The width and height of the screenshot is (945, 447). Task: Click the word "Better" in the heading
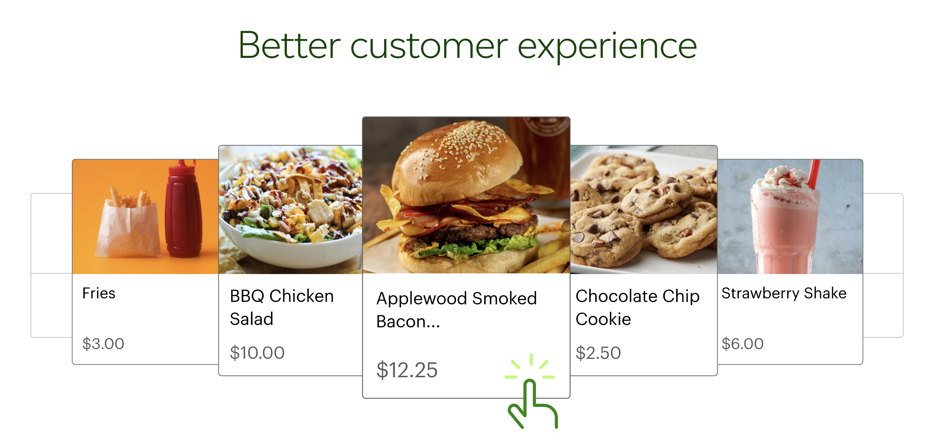coord(289,45)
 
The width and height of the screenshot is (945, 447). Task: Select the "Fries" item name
coord(99,293)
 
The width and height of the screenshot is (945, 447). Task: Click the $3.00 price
coord(103,343)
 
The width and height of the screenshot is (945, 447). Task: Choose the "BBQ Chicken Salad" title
coord(282,307)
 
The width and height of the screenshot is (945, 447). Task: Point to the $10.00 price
coord(257,353)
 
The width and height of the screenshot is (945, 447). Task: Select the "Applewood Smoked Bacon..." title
coord(456,310)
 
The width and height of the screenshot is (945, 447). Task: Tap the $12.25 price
coord(407,370)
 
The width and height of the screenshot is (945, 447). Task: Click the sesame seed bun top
coord(457,161)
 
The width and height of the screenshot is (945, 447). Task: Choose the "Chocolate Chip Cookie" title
coord(637,307)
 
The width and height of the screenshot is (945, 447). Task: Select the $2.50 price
coord(598,353)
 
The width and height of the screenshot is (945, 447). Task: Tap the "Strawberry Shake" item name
coord(784,293)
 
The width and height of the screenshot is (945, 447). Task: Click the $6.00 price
coord(742,343)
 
